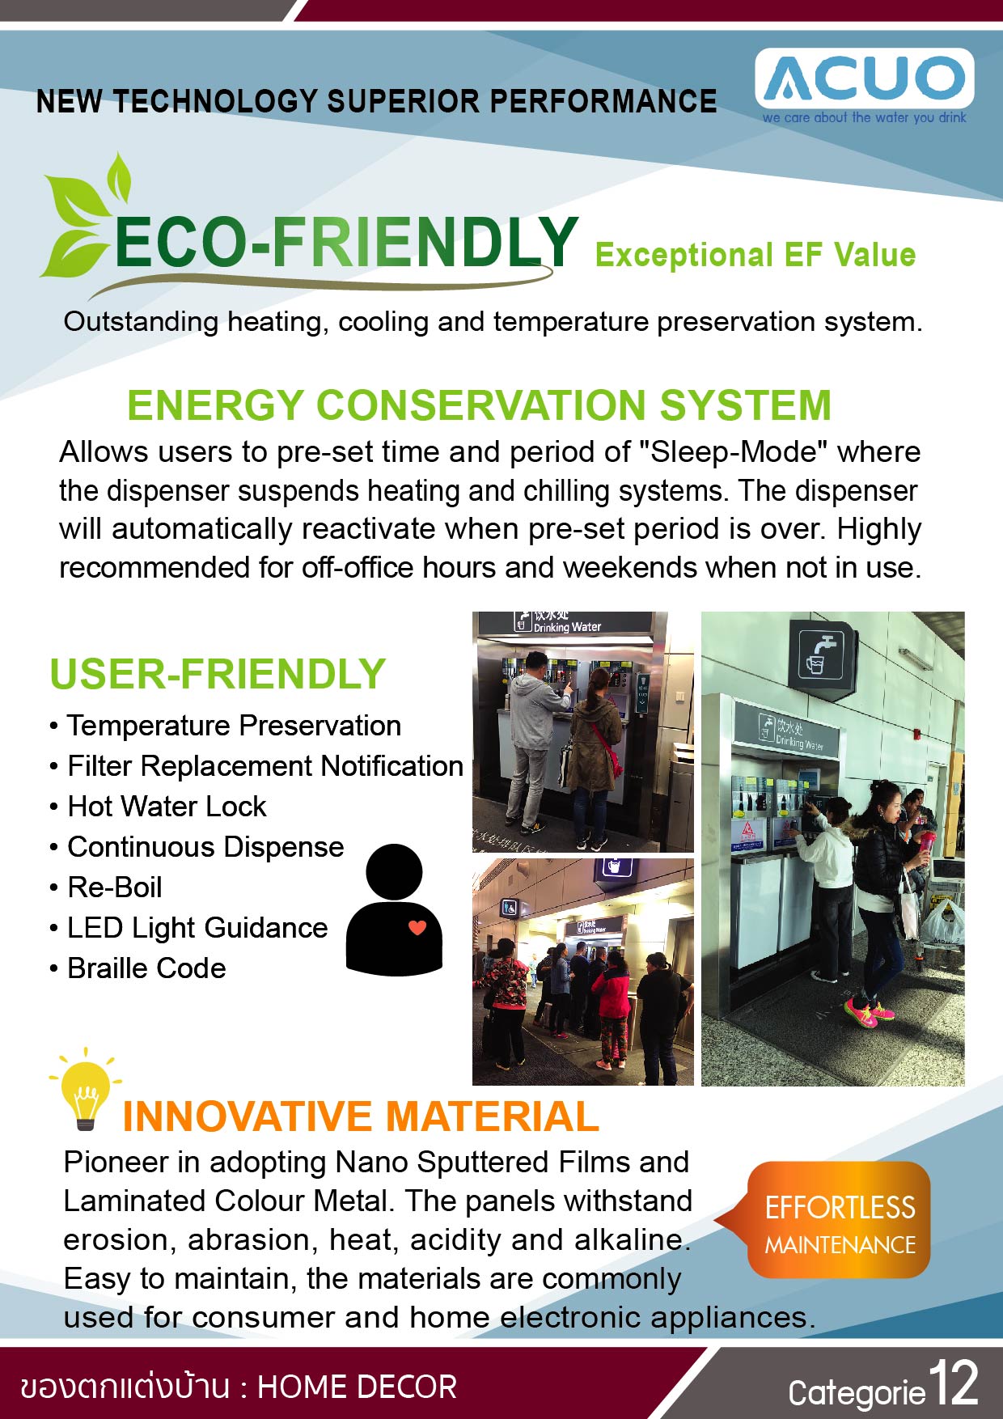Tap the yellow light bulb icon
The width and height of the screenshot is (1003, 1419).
point(85,1089)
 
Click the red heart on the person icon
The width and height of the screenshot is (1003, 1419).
point(417,928)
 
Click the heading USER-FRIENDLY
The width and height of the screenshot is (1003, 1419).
point(218,674)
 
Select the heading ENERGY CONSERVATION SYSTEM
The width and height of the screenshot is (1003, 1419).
point(480,405)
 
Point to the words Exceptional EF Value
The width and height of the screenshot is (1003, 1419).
point(755,255)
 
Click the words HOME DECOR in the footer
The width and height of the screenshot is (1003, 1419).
point(357,1387)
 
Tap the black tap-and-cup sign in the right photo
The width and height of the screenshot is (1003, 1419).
point(823,655)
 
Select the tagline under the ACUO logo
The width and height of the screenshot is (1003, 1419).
point(864,117)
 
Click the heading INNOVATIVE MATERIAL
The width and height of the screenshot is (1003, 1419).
point(361,1116)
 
